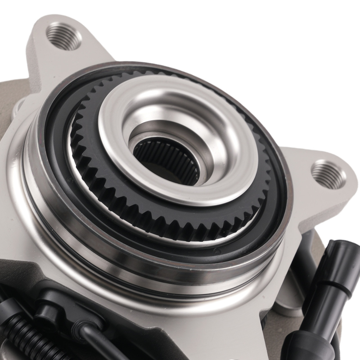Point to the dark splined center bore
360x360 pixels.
click(164, 158)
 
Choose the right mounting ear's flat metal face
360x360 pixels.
click(317, 202)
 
